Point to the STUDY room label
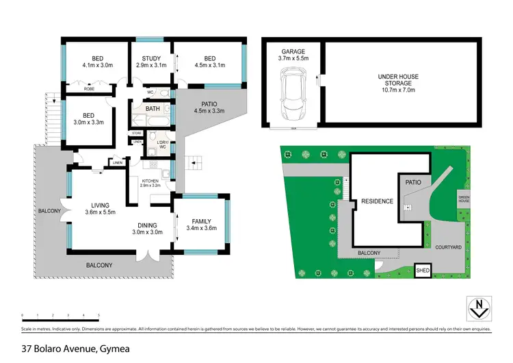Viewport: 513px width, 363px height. point(151,58)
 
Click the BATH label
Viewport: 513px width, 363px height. point(152,108)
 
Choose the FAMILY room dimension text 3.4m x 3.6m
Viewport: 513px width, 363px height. point(201,228)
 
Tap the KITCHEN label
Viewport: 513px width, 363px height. point(149,181)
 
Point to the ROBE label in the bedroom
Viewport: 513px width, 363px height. point(89,89)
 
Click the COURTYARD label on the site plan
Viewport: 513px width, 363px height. point(449,245)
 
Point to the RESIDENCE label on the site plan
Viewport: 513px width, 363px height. point(377,201)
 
